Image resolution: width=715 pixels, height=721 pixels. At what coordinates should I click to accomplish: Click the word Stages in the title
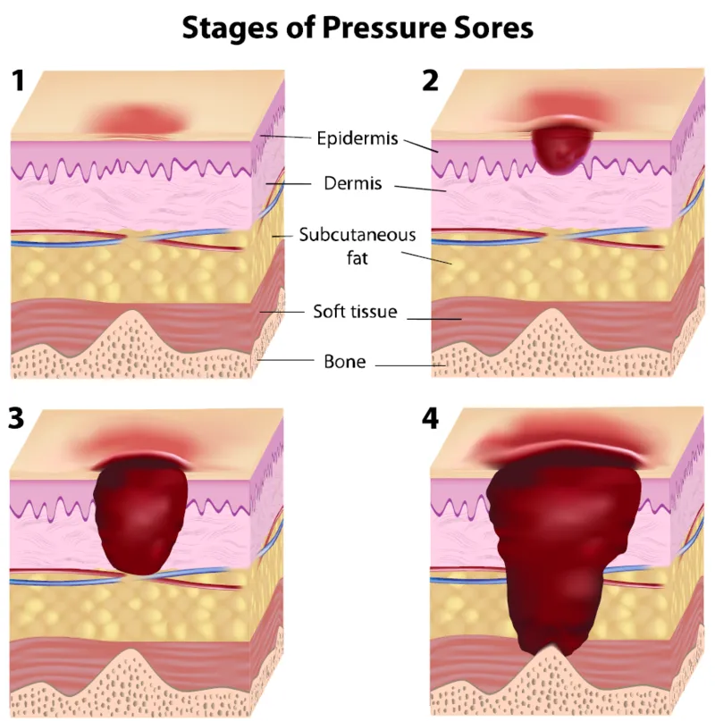[x=230, y=29]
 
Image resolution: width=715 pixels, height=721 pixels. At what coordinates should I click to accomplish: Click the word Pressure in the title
[x=383, y=28]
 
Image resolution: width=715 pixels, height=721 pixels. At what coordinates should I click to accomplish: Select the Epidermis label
[x=357, y=138]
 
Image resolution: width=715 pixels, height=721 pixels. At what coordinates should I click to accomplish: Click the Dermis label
[x=352, y=183]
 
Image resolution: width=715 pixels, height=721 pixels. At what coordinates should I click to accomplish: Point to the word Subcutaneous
[x=357, y=234]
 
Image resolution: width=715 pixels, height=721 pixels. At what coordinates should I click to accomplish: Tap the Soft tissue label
[x=355, y=311]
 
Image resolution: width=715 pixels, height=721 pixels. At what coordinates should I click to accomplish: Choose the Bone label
[x=345, y=362]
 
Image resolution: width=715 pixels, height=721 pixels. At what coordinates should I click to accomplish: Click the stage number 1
[x=18, y=80]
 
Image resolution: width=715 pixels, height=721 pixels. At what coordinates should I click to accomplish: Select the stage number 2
[x=430, y=80]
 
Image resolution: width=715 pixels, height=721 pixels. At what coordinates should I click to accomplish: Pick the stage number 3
[x=16, y=418]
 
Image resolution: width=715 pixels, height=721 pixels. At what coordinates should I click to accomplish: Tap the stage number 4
[x=430, y=418]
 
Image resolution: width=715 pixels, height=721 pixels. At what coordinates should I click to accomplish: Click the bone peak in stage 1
[x=133, y=322]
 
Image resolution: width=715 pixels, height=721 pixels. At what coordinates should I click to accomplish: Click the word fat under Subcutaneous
[x=357, y=257]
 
